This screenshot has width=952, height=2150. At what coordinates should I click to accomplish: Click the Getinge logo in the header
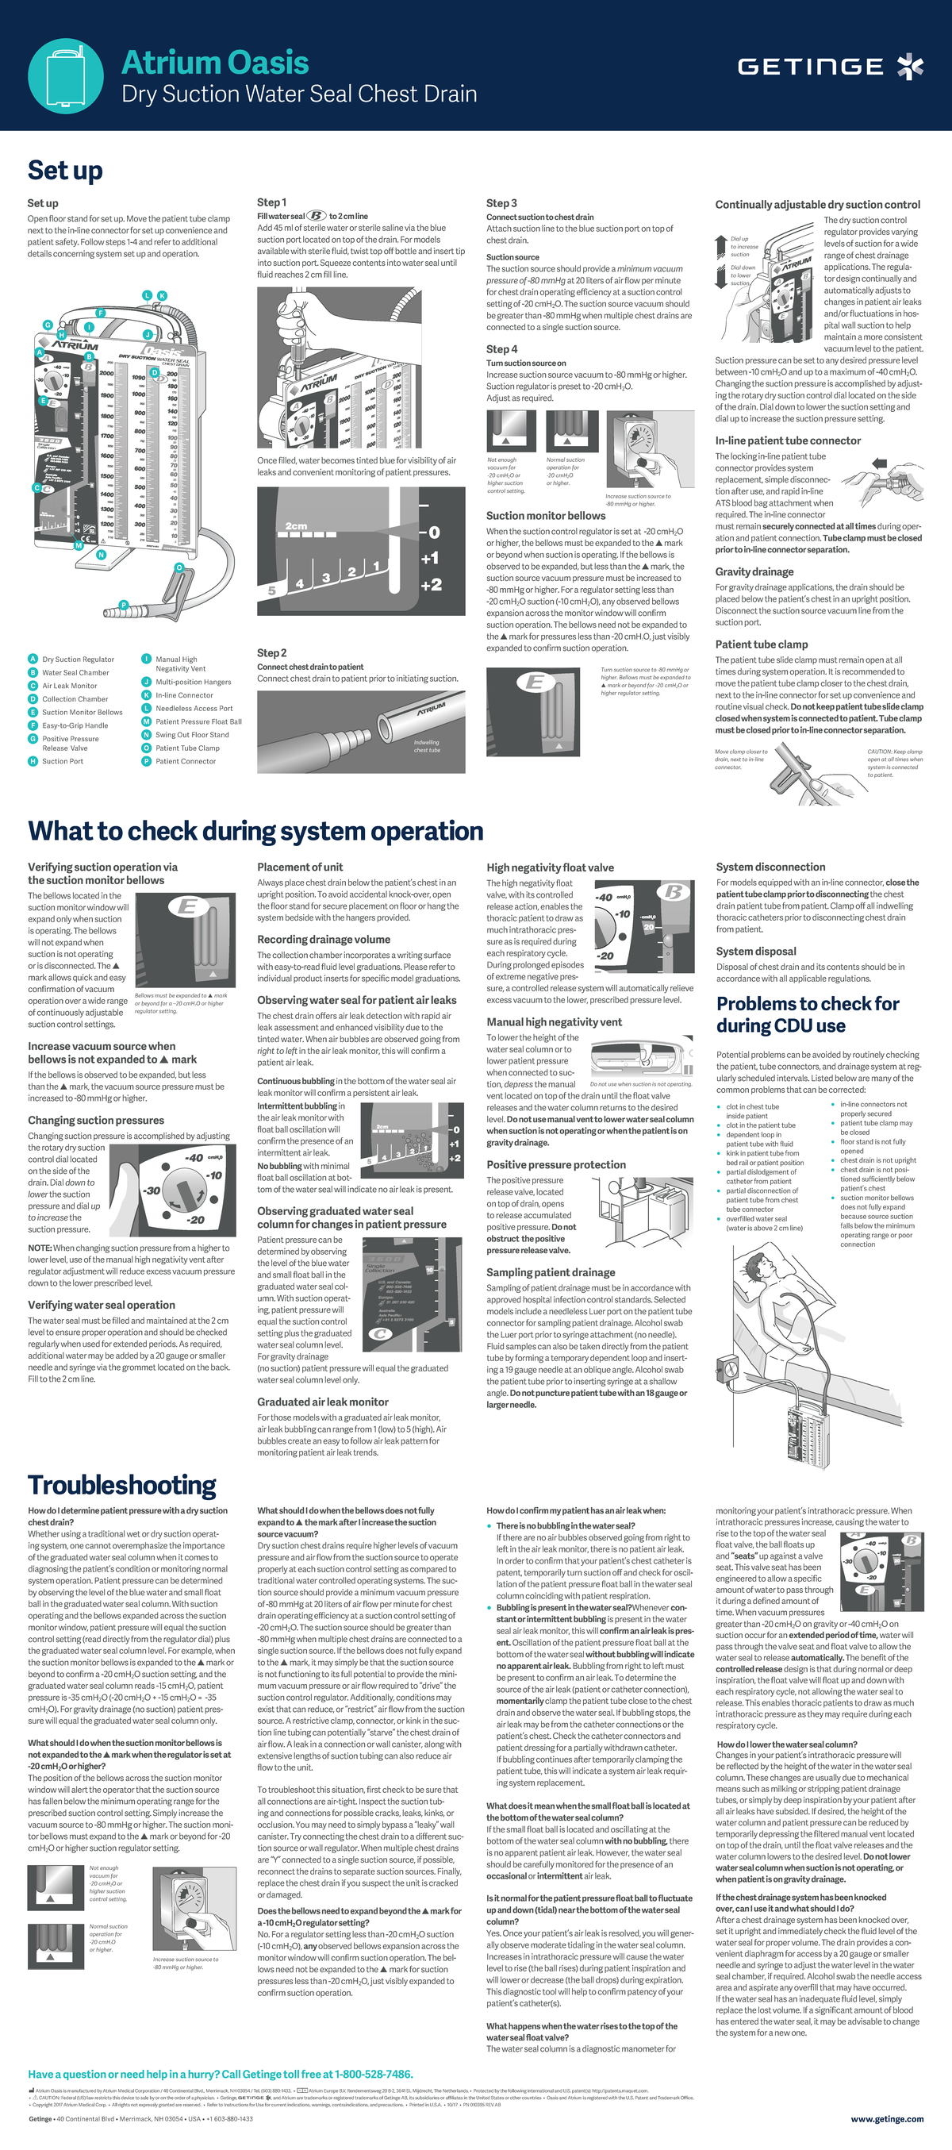tap(829, 66)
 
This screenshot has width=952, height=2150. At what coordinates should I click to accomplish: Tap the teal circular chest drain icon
tap(65, 75)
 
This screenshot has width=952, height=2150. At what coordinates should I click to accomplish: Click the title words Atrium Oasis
tap(215, 63)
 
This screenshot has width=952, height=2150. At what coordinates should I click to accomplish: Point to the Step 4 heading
tap(501, 349)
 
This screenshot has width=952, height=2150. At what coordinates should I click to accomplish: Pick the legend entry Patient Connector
tap(185, 761)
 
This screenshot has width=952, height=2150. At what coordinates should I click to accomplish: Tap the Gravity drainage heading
tap(754, 571)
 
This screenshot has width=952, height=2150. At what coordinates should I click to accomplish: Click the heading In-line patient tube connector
tap(788, 440)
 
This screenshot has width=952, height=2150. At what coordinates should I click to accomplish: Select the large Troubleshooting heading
tap(122, 1485)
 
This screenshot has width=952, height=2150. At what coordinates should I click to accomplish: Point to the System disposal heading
tap(756, 952)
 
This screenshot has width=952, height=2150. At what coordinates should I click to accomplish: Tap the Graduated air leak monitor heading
tap(323, 1402)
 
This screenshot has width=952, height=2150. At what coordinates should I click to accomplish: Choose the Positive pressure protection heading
tap(555, 1164)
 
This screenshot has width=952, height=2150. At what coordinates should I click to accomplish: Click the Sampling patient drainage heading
tap(551, 1272)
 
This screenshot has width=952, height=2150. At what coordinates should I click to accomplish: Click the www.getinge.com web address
tap(886, 2119)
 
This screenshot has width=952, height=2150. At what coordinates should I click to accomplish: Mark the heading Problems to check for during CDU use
tap(808, 1014)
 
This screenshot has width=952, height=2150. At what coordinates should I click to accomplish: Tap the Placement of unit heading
tap(300, 867)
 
